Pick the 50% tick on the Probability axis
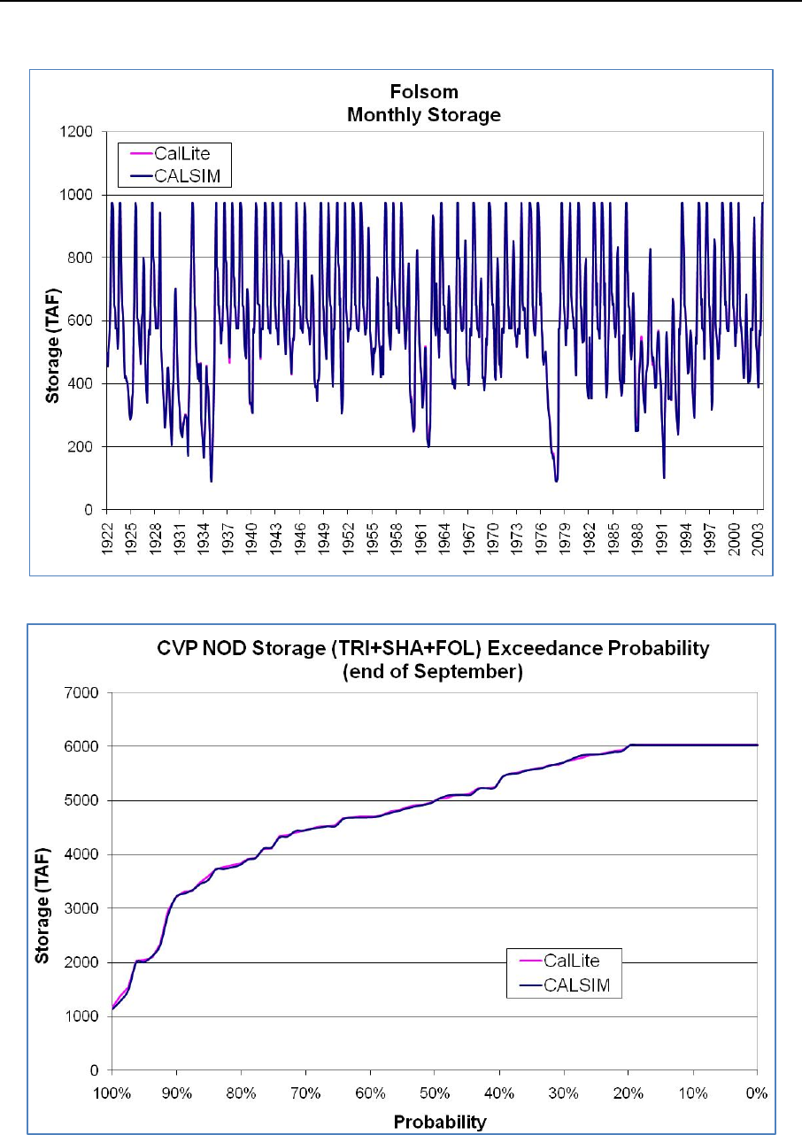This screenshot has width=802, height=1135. [435, 1103]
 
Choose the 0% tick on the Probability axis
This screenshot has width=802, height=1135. [758, 1103]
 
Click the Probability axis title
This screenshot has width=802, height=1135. [435, 1123]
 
